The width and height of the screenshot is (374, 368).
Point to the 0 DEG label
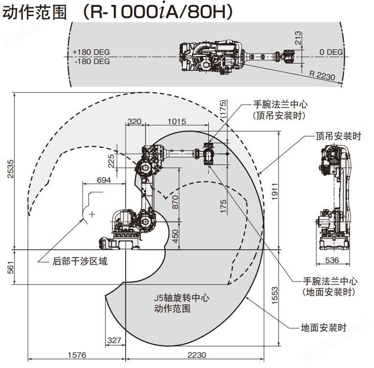331,52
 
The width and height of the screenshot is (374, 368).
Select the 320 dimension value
135,121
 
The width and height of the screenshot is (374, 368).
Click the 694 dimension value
104,180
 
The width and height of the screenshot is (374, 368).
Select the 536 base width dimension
332,260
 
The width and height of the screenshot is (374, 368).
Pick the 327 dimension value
114,340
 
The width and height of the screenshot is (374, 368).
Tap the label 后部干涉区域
80,261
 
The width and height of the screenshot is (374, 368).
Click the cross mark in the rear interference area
92,214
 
